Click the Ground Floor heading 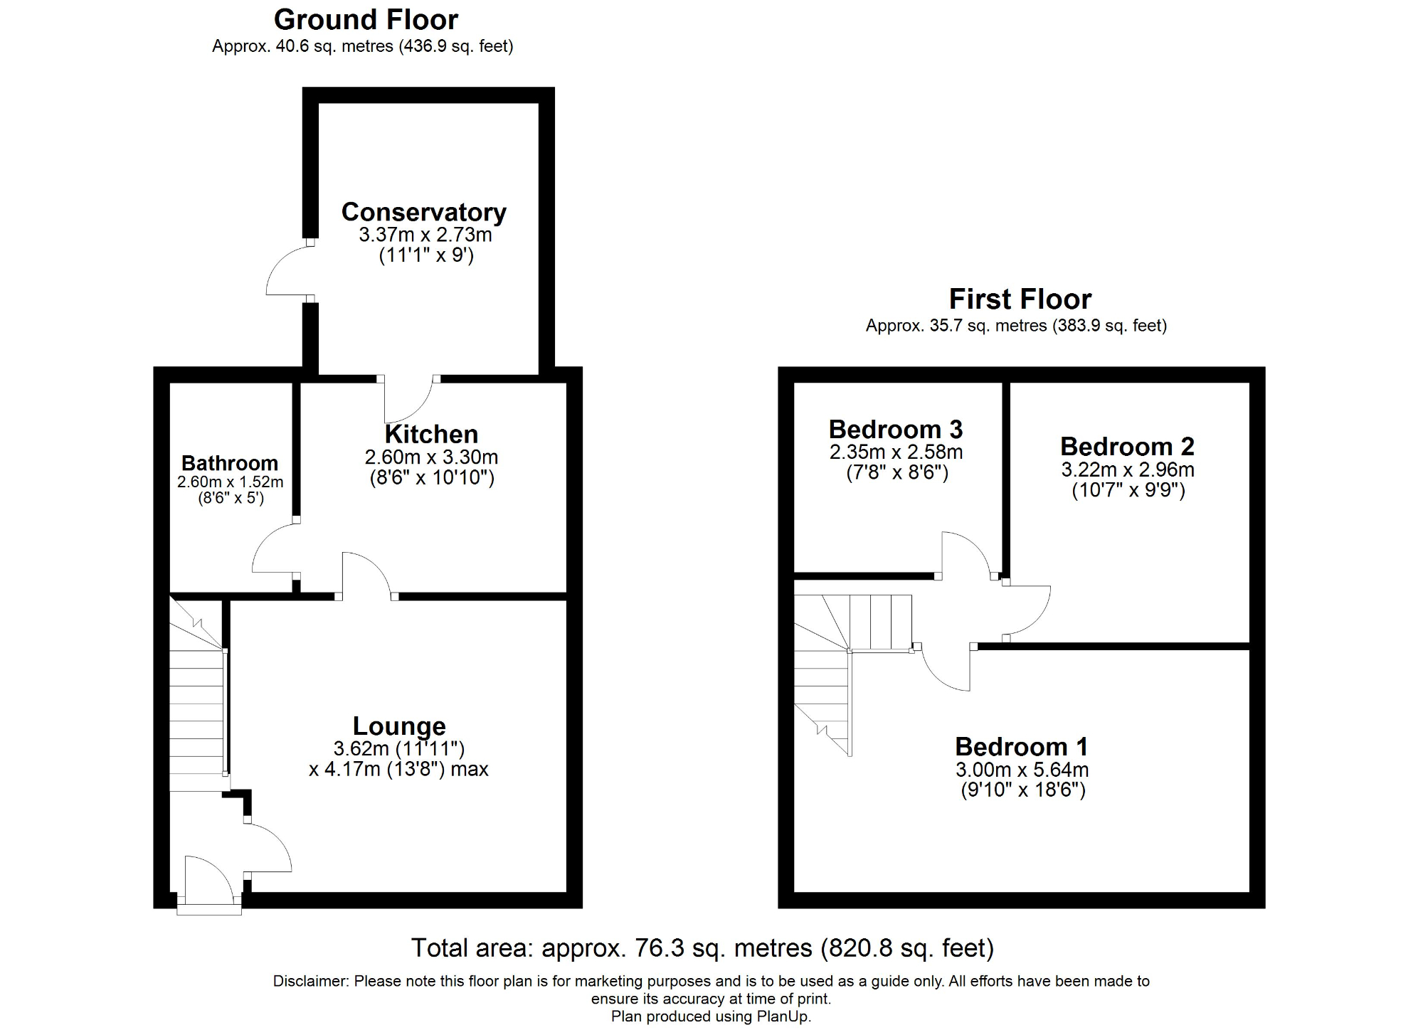tap(366, 20)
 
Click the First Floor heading tap(1020, 299)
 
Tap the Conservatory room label tap(423, 212)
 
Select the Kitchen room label tap(431, 435)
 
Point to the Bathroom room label tap(229, 463)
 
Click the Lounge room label tap(399, 726)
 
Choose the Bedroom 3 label tap(895, 430)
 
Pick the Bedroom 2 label tap(1127, 447)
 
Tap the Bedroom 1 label tap(1021, 747)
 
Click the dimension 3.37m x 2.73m tap(425, 235)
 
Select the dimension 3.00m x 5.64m tap(1022, 770)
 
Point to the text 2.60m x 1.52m tap(230, 482)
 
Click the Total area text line tap(702, 948)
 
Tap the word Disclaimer tap(310, 982)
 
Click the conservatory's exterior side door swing tap(287, 271)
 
